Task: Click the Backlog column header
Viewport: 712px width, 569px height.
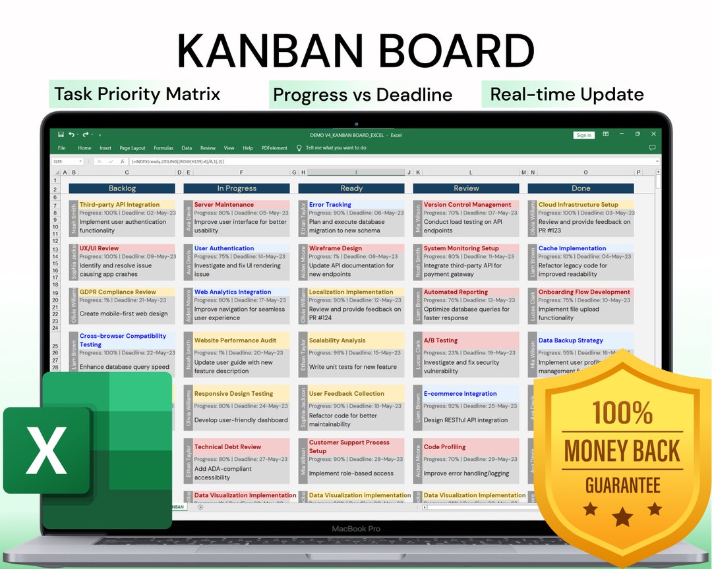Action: coord(122,188)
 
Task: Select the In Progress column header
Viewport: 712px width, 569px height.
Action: coord(237,188)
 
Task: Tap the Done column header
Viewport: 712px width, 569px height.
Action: coord(581,188)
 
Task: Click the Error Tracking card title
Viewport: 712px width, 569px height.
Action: coord(330,205)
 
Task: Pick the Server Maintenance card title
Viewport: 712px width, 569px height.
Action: coord(223,205)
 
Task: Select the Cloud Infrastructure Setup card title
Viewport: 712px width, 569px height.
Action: coord(578,205)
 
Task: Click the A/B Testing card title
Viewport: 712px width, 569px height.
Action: coord(440,340)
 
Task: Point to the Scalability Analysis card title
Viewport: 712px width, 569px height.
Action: coord(337,340)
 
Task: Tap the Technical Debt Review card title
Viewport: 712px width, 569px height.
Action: coord(227,447)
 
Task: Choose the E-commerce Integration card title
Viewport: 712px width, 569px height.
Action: coord(461,394)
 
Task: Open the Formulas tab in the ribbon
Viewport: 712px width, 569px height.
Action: coord(163,148)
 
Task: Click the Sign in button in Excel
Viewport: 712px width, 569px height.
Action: coord(583,135)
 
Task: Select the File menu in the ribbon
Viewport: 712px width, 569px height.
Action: coord(62,148)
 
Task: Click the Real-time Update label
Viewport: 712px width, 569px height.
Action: coord(566,94)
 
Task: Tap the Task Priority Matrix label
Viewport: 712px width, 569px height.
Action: coord(137,94)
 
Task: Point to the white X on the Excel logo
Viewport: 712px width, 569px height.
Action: coord(46,450)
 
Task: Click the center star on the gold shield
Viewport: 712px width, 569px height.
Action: coord(622,516)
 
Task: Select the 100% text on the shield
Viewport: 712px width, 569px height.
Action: coord(622,414)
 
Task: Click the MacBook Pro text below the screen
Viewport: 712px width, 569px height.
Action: coord(355,529)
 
